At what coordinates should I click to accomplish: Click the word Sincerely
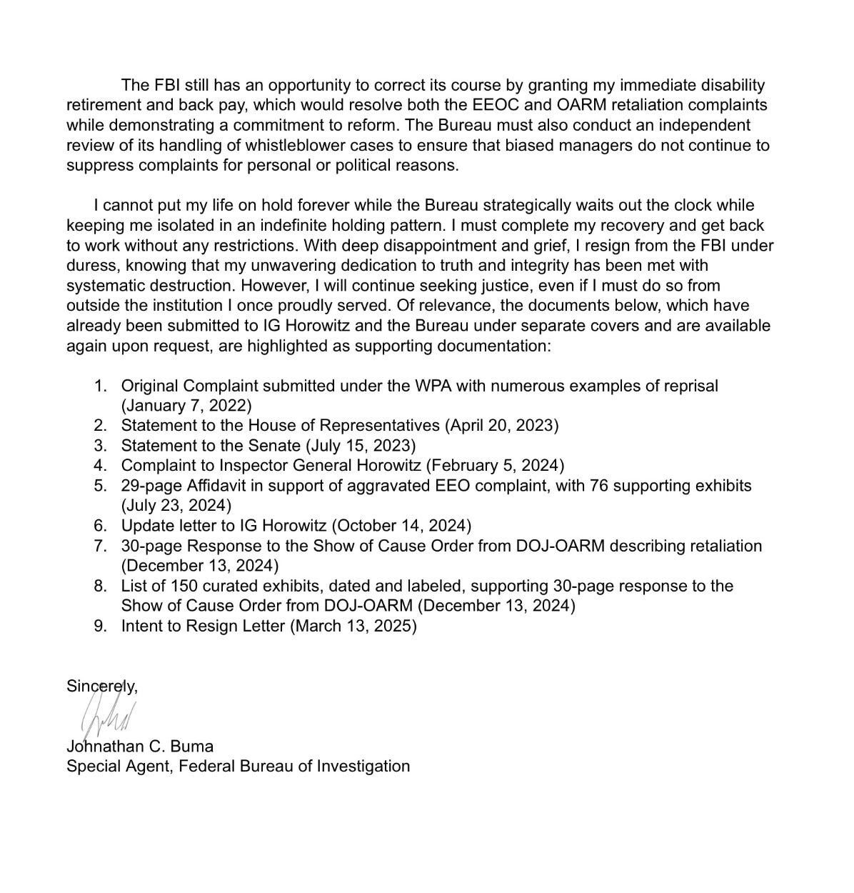101,686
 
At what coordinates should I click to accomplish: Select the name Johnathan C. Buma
139,747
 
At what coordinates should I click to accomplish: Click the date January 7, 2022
186,406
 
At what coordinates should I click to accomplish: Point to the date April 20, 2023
502,426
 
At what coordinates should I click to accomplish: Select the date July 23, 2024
176,506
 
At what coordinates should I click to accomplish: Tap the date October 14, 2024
402,526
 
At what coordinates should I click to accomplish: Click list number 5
100,486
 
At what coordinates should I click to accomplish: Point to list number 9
100,627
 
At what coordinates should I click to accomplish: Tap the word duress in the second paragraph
89,266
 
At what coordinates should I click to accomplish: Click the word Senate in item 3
276,446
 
